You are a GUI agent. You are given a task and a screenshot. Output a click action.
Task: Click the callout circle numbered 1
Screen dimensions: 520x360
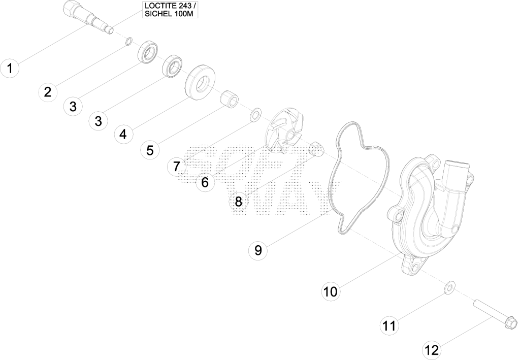[10, 68]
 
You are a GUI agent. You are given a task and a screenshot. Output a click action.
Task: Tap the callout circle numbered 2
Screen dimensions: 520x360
[48, 91]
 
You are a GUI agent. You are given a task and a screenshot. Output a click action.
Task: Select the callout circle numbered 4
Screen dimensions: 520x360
[123, 134]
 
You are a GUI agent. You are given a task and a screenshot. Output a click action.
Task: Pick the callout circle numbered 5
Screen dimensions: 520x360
[150, 150]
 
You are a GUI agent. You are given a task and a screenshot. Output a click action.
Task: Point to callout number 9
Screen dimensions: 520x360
[258, 250]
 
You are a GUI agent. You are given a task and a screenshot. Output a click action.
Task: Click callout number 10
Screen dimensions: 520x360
[330, 291]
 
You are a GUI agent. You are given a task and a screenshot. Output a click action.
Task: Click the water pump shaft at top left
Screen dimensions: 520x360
[88, 17]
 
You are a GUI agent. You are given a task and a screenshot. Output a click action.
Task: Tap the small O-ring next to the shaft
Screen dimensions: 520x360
[129, 42]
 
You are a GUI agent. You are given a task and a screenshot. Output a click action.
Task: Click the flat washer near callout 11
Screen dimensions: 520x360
[450, 286]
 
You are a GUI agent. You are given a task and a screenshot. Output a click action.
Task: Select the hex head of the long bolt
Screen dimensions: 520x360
[511, 321]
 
